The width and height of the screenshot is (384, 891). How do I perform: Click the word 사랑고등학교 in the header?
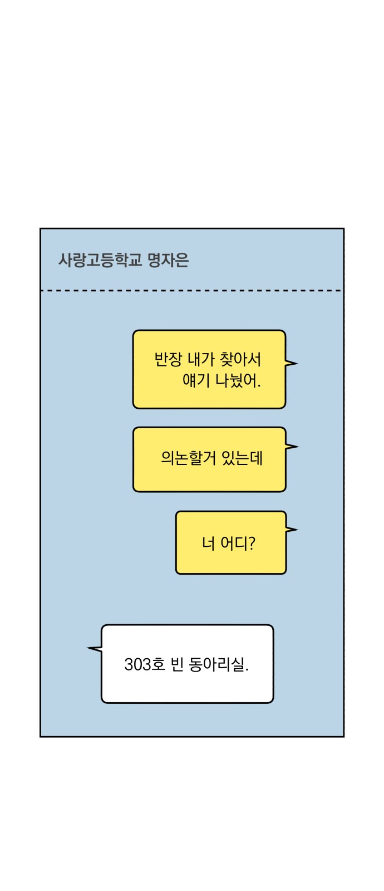[100, 260]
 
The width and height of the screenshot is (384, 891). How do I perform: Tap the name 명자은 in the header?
[168, 260]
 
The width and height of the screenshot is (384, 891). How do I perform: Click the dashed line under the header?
[191, 291]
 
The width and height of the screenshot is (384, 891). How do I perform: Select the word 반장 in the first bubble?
[168, 360]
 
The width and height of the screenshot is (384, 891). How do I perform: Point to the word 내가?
[201, 360]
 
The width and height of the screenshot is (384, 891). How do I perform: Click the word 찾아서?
[240, 360]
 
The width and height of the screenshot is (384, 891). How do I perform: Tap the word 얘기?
[196, 380]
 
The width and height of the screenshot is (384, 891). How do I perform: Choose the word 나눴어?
[238, 380]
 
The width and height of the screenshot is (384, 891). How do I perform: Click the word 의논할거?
[188, 458]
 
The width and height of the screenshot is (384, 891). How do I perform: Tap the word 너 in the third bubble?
[208, 543]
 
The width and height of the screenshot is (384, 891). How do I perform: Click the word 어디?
[238, 543]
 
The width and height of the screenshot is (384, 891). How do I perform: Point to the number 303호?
[144, 664]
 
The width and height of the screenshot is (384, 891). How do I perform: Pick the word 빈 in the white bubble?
[176, 664]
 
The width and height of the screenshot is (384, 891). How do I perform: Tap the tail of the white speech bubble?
[95, 649]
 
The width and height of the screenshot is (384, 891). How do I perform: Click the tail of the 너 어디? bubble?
[292, 530]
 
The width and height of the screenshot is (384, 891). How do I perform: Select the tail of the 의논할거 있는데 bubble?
[292, 446]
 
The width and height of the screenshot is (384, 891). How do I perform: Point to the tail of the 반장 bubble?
[291, 363]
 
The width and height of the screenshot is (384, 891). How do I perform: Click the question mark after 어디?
[252, 543]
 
